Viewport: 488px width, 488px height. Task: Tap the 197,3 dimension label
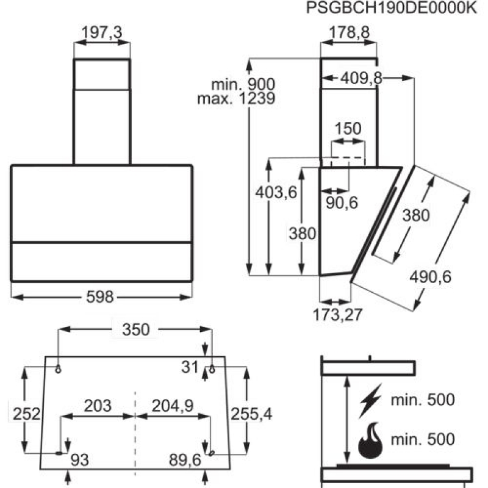click(x=101, y=34)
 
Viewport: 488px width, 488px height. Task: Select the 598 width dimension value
click(x=101, y=297)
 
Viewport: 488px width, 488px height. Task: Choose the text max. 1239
click(x=237, y=98)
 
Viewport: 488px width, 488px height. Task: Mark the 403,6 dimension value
click(x=276, y=193)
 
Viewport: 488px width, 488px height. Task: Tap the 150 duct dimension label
click(x=348, y=129)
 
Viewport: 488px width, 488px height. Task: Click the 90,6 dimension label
click(x=341, y=204)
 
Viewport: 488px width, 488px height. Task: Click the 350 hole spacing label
click(x=135, y=329)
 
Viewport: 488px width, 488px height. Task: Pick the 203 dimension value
click(x=97, y=405)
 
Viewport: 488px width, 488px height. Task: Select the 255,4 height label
click(x=251, y=414)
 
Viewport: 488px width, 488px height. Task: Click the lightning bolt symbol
click(x=371, y=401)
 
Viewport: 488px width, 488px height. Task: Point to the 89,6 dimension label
click(x=185, y=461)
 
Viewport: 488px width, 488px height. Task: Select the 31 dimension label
click(x=190, y=367)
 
